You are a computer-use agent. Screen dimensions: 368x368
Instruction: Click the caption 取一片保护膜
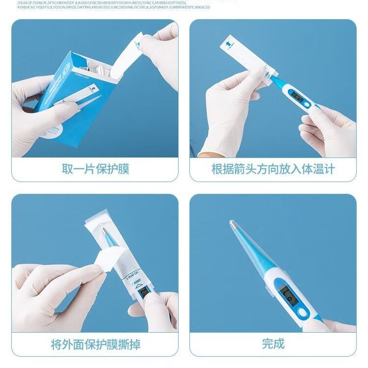click(95, 169)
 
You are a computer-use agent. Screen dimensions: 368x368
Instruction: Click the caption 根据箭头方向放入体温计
click(273, 169)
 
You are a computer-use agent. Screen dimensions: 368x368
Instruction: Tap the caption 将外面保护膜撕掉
click(95, 344)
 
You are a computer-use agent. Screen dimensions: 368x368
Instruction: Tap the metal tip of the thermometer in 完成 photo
click(234, 225)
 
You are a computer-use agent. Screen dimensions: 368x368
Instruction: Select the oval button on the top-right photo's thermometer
click(307, 105)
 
